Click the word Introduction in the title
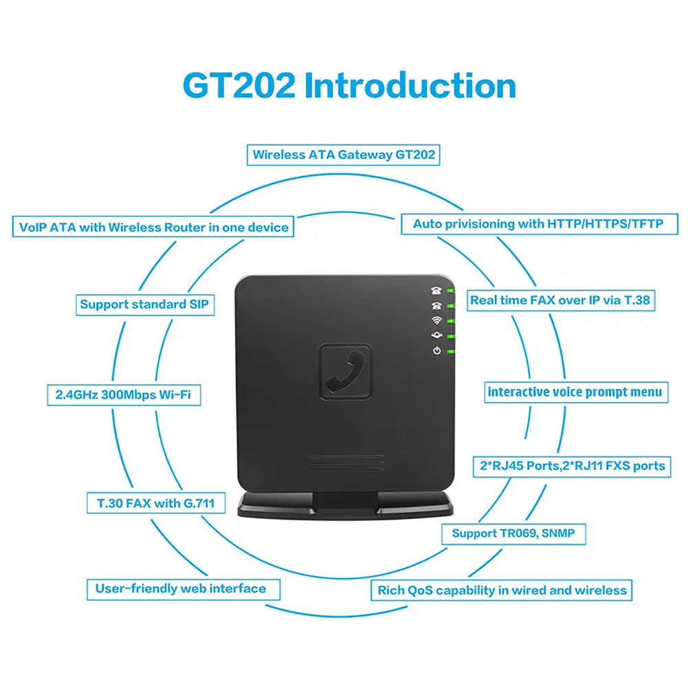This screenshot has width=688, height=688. (x=410, y=86)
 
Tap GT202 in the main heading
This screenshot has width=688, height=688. (x=238, y=87)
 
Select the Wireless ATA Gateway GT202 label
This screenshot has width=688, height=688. (x=344, y=154)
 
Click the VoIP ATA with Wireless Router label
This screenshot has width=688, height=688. (x=154, y=226)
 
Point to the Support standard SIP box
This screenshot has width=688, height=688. (x=144, y=304)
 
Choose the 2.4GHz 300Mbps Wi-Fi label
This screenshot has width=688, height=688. (x=128, y=396)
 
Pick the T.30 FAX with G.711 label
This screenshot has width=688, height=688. (x=151, y=503)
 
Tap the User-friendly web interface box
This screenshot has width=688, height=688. (x=176, y=588)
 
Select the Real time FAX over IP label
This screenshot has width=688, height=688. (x=559, y=300)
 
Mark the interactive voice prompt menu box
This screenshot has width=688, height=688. (x=575, y=392)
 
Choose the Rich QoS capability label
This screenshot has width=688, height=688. (x=502, y=590)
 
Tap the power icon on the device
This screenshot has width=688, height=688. (x=436, y=352)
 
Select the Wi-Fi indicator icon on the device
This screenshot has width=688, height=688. (x=436, y=320)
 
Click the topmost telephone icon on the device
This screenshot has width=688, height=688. (x=436, y=290)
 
